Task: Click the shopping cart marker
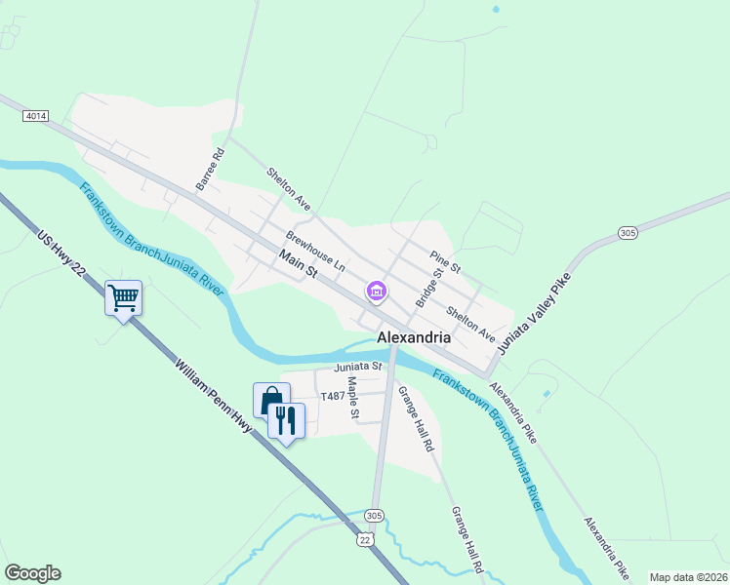point(124,298)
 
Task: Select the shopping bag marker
point(270,400)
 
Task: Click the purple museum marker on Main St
point(376,291)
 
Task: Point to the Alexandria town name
point(414,338)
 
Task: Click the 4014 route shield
point(36,116)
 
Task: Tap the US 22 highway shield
point(364,538)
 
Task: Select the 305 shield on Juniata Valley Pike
point(628,232)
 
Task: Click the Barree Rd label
point(210,169)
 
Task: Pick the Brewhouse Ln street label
point(315,251)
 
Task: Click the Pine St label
point(445,260)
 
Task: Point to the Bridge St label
point(428,289)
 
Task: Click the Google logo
point(32,573)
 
